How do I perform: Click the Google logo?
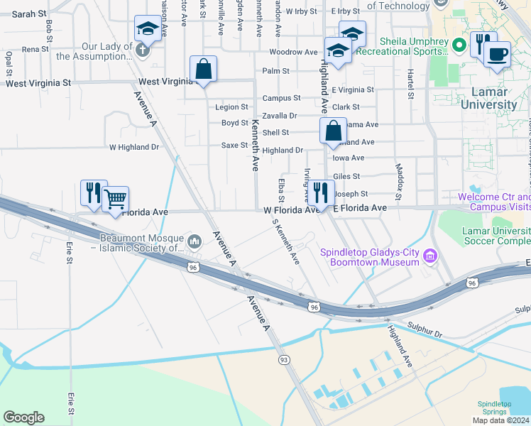point(23,417)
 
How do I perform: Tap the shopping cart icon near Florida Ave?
point(115,199)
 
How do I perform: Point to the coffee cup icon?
point(498,54)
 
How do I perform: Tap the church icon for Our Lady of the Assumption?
point(142,50)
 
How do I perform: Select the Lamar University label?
point(489,98)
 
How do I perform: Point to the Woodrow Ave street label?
point(293,52)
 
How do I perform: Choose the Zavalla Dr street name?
point(279,115)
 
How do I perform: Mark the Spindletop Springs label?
point(494,408)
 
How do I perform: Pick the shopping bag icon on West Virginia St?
point(203,69)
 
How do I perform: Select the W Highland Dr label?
point(134,147)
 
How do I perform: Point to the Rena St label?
point(35,49)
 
